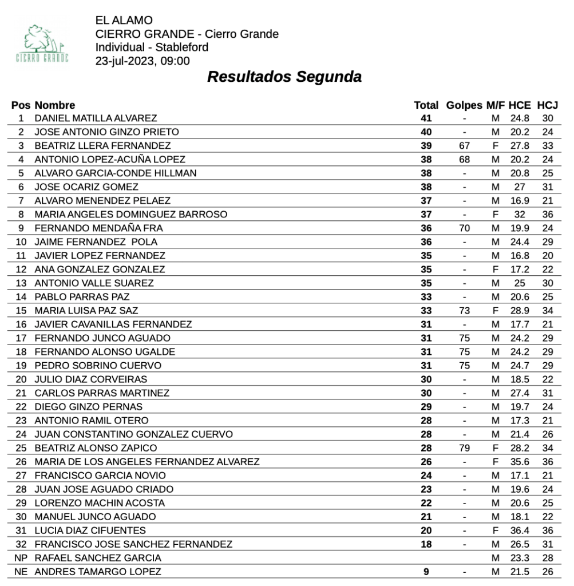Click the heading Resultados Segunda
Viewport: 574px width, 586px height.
click(x=284, y=77)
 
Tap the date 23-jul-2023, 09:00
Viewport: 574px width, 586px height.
click(x=142, y=61)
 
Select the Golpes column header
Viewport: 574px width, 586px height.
click(x=464, y=105)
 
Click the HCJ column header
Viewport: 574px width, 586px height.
click(x=547, y=105)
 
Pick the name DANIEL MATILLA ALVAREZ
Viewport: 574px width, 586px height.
click(x=96, y=118)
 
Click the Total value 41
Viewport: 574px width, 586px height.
click(x=426, y=118)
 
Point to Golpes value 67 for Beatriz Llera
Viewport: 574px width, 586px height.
click(x=464, y=146)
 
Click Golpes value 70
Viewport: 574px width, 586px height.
click(x=464, y=228)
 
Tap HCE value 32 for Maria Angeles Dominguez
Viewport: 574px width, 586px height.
click(x=520, y=215)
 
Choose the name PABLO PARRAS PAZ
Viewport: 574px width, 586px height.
click(x=82, y=297)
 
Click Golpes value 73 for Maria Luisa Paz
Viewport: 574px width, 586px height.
click(x=464, y=311)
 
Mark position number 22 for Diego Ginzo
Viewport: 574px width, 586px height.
click(x=21, y=407)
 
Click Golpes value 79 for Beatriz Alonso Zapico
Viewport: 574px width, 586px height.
click(x=464, y=448)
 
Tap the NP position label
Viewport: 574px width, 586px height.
click(x=21, y=558)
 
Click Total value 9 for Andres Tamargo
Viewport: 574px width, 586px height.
click(x=426, y=572)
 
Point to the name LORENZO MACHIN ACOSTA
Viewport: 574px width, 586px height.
click(x=100, y=503)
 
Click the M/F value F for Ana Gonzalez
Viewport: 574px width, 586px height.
click(x=496, y=270)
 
